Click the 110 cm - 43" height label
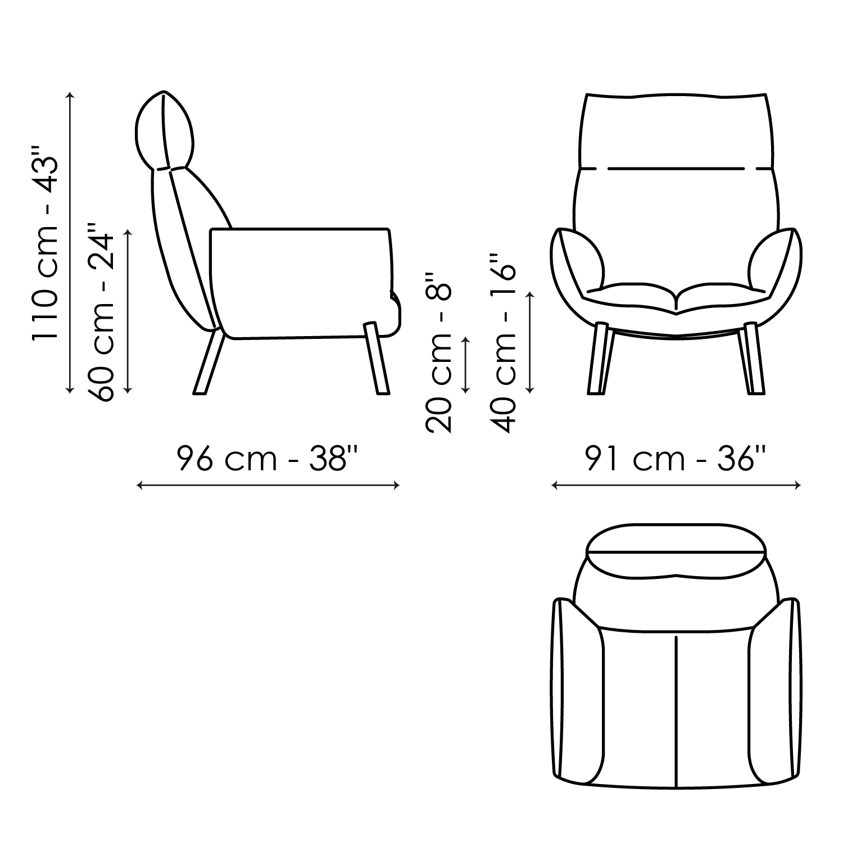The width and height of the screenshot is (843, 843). [44, 243]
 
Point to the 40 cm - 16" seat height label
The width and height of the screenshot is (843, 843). [502, 342]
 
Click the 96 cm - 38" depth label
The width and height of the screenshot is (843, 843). [268, 459]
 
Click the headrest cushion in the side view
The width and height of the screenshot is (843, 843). [165, 130]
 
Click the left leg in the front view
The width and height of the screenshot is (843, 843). [598, 359]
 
